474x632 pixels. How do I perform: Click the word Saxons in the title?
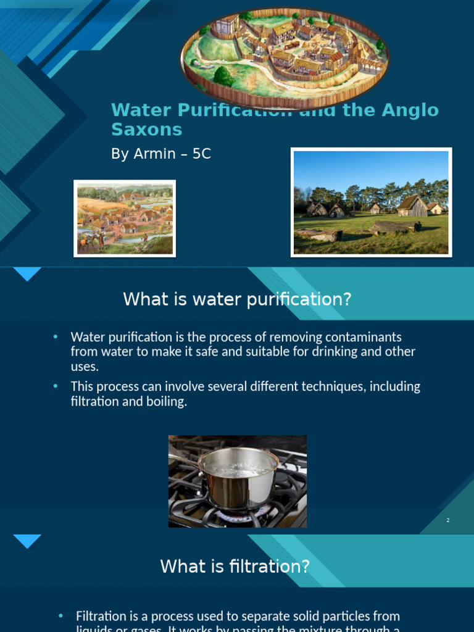tap(146, 130)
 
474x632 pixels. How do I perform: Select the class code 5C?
tap(202, 154)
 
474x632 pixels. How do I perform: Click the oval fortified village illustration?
tap(285, 59)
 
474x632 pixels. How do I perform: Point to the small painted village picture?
tap(125, 218)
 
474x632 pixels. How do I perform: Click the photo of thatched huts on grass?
tap(371, 202)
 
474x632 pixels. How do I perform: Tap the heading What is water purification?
tap(237, 299)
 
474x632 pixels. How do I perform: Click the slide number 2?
tap(448, 520)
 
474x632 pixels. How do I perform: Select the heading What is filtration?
tap(235, 566)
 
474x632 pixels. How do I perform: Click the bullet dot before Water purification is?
tap(55, 337)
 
